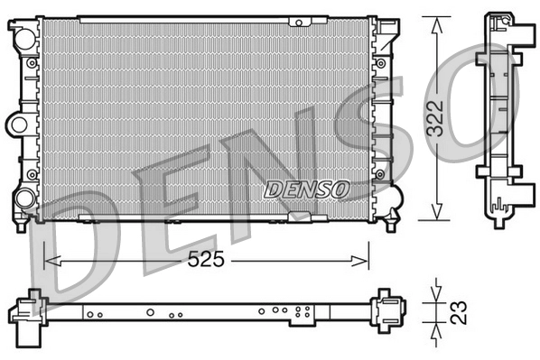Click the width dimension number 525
[207, 260]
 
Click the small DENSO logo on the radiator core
[306, 189]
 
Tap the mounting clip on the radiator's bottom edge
[299, 217]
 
